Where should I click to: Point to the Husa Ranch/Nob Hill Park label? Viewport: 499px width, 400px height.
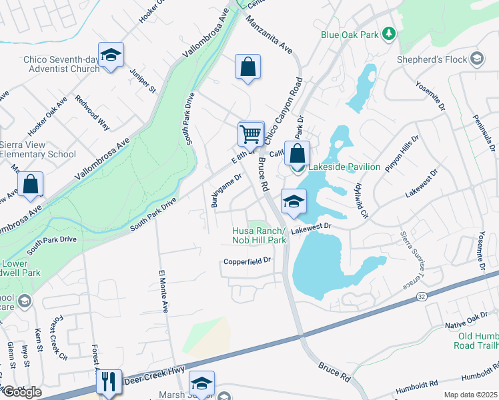pyautogui.click(x=259, y=235)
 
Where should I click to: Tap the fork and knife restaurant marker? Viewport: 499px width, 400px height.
pyautogui.click(x=109, y=382)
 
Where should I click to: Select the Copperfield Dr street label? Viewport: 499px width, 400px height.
pyautogui.click(x=249, y=261)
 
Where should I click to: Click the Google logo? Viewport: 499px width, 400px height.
pyautogui.click(x=21, y=392)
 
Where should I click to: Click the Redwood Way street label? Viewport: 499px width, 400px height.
pyautogui.click(x=92, y=111)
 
